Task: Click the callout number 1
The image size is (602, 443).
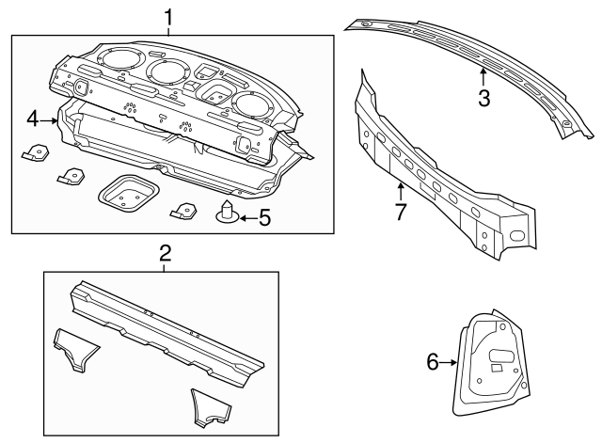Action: click(168, 17)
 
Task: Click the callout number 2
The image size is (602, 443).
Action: click(165, 253)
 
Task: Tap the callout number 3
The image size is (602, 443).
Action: click(483, 97)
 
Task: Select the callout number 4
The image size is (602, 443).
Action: click(32, 119)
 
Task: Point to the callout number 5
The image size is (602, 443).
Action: click(264, 218)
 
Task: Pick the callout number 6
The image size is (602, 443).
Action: click(434, 361)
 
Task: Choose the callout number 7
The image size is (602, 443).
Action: click(401, 212)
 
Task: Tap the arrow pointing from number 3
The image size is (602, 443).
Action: click(483, 74)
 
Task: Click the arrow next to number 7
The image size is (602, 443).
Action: click(401, 191)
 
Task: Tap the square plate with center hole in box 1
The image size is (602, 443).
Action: click(128, 196)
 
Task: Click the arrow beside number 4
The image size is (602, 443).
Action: click(50, 119)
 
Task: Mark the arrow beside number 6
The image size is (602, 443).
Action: click(451, 361)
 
